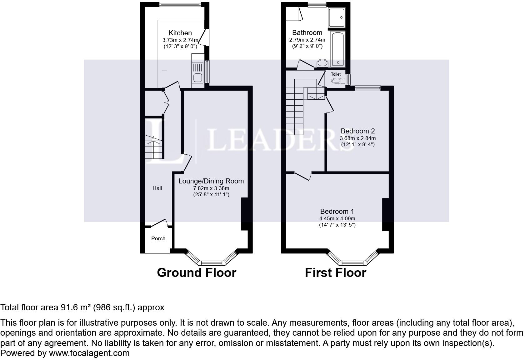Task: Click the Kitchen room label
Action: tap(180, 33)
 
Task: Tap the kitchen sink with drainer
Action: tap(197, 72)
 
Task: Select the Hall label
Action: tap(157, 188)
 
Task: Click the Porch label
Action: tap(158, 238)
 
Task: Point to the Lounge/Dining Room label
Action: tap(211, 181)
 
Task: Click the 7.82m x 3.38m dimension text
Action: tap(211, 188)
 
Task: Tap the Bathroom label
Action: tap(307, 32)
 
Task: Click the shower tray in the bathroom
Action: tap(337, 17)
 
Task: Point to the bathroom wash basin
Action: tap(322, 63)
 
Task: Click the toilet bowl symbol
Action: tap(336, 81)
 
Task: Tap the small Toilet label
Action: tap(336, 74)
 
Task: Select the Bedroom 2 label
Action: tap(357, 131)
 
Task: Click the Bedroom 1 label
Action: tap(337, 211)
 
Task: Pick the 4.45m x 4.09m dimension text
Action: tap(337, 219)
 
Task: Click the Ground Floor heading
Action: tap(197, 272)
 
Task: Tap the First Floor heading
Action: tap(335, 272)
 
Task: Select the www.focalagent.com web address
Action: tap(89, 353)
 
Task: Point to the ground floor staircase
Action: tap(153, 147)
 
